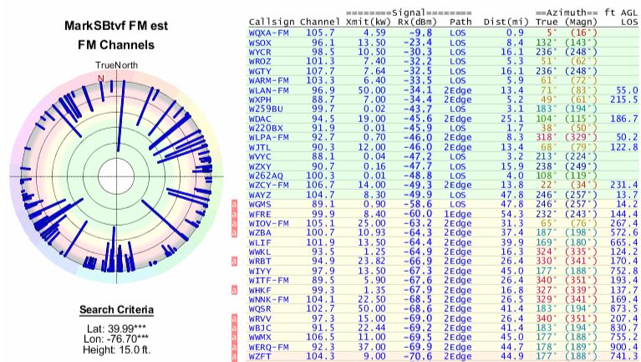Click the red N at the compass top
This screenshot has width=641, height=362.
101,79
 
